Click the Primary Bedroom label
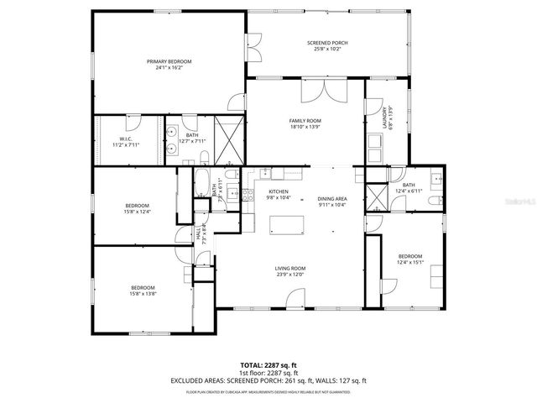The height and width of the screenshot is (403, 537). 169,61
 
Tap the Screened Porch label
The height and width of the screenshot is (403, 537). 327,43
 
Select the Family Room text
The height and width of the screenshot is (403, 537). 305,121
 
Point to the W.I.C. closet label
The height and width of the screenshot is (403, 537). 126,139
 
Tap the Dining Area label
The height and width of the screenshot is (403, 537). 332,199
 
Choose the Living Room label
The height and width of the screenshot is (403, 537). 290,269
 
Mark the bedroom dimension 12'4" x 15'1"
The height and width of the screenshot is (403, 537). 409,262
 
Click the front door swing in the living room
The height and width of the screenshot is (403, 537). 295,299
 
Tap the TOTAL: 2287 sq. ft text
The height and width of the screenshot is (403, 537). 268,365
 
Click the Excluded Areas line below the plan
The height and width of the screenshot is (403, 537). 268,380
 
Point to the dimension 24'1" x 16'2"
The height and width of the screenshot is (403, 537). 169,67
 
